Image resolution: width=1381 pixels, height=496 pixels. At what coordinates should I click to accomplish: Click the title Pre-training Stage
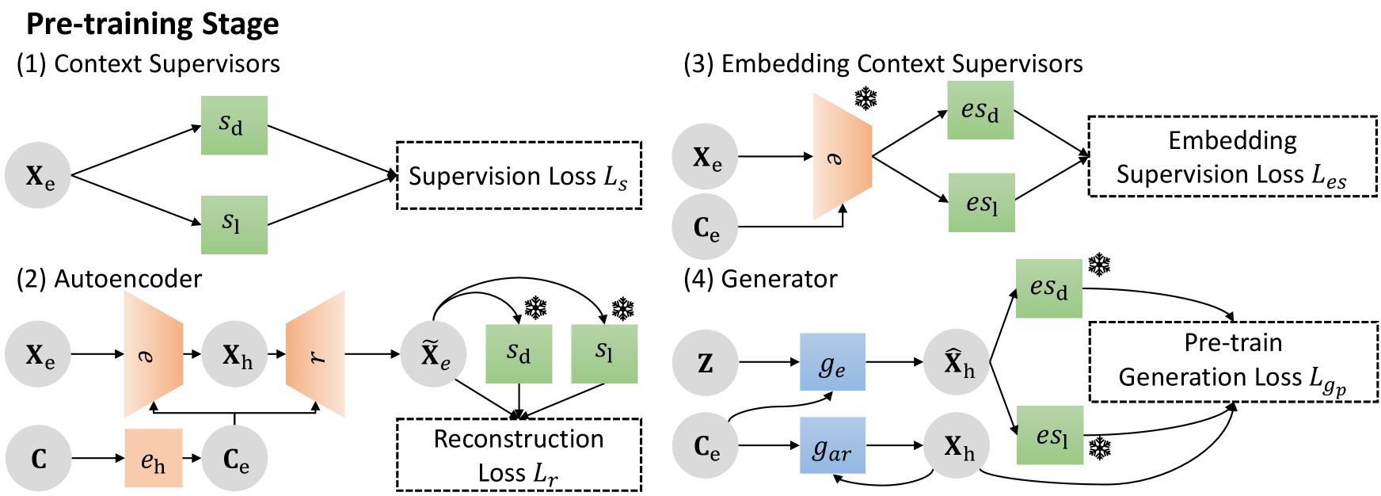[x=152, y=25]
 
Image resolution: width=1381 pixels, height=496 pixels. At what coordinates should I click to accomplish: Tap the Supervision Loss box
[x=519, y=175]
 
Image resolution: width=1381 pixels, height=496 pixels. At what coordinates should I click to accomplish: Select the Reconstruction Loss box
[x=519, y=455]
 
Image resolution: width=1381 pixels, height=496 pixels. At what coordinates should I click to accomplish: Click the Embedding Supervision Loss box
[x=1233, y=157]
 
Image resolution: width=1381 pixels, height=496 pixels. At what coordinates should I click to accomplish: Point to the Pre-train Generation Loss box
[x=1234, y=361]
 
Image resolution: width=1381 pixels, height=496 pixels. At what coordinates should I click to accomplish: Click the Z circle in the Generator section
[x=705, y=363]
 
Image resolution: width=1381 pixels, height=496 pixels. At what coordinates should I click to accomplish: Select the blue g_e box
[x=832, y=362]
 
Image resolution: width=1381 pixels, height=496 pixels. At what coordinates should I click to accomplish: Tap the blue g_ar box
[x=832, y=445]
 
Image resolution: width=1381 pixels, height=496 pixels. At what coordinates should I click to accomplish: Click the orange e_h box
[x=154, y=458]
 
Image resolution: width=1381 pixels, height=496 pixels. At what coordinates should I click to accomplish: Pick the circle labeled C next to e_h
[x=38, y=458]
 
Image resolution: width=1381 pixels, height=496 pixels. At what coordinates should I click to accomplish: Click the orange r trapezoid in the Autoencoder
[x=315, y=354]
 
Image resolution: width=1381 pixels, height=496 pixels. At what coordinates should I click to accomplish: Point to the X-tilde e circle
[x=433, y=354]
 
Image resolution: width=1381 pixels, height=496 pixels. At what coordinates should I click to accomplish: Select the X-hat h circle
[x=957, y=363]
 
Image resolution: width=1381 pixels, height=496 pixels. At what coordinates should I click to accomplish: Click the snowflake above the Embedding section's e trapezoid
[x=866, y=100]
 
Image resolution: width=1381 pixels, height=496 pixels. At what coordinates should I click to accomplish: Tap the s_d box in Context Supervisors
[x=234, y=125]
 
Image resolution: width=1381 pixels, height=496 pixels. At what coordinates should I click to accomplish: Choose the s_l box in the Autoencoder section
[x=605, y=354]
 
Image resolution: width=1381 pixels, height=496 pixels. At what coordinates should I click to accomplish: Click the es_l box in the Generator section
[x=1050, y=435]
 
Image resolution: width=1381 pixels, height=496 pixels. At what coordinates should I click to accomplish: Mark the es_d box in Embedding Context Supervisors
[x=980, y=110]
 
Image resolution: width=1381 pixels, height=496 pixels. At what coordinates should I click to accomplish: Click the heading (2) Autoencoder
[x=109, y=279]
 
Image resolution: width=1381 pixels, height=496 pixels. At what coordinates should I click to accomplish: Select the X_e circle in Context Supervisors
[x=38, y=175]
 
